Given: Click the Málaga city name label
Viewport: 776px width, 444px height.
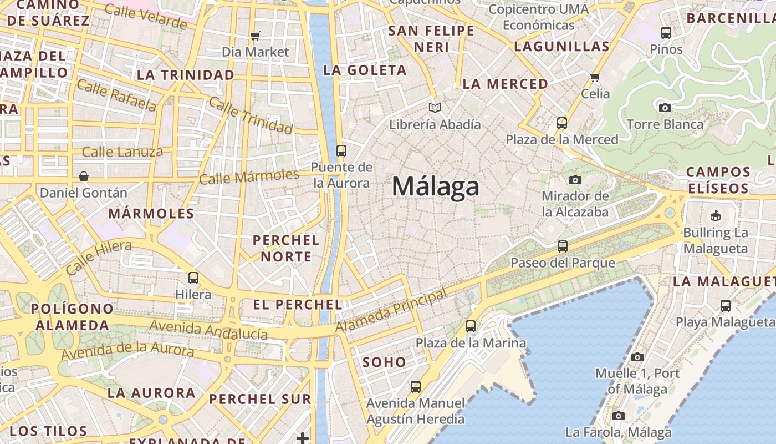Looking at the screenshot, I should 435,186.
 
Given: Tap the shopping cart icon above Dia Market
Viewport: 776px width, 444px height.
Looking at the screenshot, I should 255,36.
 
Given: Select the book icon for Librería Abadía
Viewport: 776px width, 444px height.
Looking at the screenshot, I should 435,108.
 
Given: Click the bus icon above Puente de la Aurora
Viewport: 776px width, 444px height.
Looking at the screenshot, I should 341,150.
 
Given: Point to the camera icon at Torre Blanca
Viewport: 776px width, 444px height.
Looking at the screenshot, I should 665,108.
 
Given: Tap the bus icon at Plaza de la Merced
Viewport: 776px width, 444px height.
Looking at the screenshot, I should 561,123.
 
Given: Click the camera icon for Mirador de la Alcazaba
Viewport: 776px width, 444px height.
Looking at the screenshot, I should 575,180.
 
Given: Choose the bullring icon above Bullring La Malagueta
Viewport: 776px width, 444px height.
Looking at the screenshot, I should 715,215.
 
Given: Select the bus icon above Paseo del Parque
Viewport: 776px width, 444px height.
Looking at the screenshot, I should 562,246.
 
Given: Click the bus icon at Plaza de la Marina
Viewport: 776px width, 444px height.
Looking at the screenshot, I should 471,326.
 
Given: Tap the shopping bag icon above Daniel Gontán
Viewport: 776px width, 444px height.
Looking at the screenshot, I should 83,176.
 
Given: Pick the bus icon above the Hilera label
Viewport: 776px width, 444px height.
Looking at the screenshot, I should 193,277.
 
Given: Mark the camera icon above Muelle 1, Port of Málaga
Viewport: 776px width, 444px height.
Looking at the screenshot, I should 637,357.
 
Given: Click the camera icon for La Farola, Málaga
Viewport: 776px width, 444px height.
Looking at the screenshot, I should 618,416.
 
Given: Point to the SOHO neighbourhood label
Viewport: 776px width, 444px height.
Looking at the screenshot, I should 384,362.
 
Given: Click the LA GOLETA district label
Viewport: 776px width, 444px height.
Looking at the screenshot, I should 365,70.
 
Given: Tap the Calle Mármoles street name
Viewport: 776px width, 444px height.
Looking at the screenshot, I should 249,177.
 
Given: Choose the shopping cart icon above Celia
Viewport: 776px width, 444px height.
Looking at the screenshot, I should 595,77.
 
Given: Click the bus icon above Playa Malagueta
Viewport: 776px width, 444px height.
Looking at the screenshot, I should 725,305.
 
